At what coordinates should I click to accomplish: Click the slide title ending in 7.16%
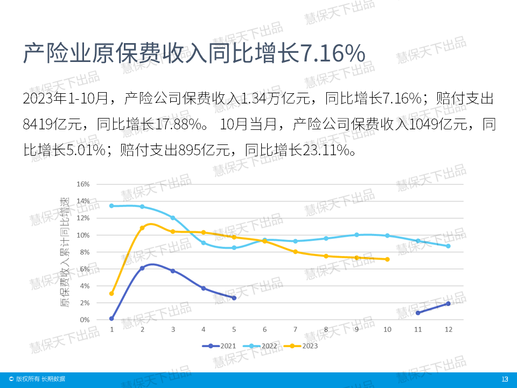(194, 54)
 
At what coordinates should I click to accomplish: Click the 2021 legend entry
(219, 345)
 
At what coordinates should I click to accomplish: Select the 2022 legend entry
(261, 345)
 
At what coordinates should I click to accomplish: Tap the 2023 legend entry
(302, 345)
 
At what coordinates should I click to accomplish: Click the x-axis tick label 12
(448, 329)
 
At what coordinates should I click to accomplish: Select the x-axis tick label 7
(295, 329)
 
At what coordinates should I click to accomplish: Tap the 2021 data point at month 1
(111, 318)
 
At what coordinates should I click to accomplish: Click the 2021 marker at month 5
(234, 297)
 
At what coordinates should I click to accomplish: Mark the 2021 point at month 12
(448, 303)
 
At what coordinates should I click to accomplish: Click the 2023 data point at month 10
(387, 259)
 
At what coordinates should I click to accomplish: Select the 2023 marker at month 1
(111, 293)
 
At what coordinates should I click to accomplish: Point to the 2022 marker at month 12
(448, 246)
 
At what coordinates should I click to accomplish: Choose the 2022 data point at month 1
(111, 206)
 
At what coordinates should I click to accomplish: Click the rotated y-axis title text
(65, 252)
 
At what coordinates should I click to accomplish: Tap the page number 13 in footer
(505, 379)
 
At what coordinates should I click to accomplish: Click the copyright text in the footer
(37, 379)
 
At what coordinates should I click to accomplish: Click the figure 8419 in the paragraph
(39, 125)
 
